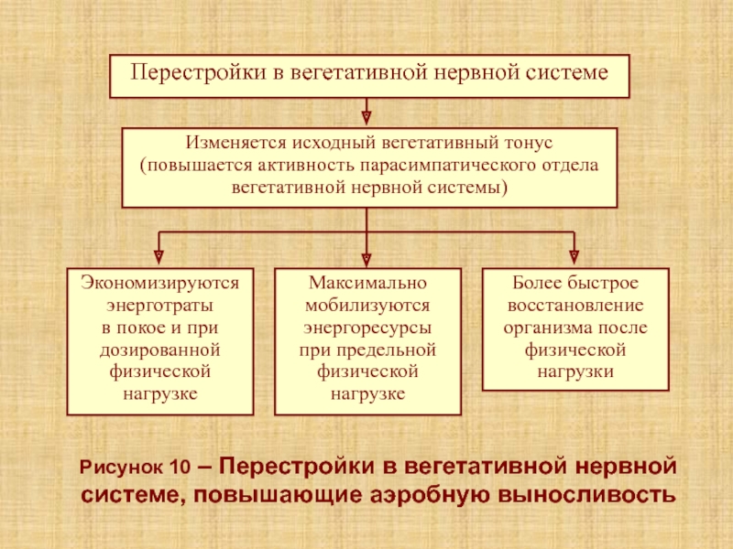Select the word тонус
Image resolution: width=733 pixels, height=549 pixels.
tap(529, 143)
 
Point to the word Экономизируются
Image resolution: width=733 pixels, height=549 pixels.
tap(159, 283)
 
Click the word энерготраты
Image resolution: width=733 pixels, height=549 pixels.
tap(159, 306)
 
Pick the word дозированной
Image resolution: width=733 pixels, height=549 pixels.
tap(159, 350)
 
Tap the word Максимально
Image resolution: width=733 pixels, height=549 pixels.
tap(367, 283)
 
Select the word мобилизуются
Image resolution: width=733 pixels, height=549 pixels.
tap(367, 306)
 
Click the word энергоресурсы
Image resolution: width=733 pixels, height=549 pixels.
tap(367, 328)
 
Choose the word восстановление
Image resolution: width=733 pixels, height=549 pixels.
tap(575, 306)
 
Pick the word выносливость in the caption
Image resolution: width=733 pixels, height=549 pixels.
tap(586, 495)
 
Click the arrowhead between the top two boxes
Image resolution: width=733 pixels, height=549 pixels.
tap(366, 117)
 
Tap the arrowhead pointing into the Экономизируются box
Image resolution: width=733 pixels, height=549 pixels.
tap(159, 257)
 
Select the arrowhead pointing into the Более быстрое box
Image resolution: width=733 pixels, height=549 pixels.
tap(574, 257)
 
